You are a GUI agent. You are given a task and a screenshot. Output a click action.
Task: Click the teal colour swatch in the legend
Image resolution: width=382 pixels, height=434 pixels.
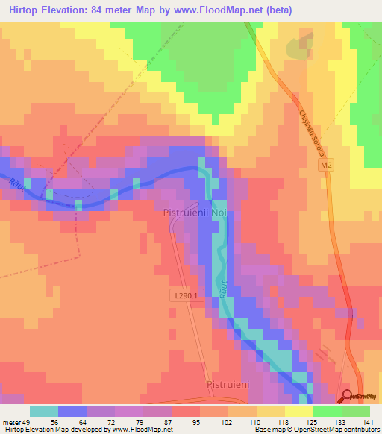tap(44, 410)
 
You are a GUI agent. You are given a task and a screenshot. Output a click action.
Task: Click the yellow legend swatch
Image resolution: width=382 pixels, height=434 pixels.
tap(298, 410)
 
